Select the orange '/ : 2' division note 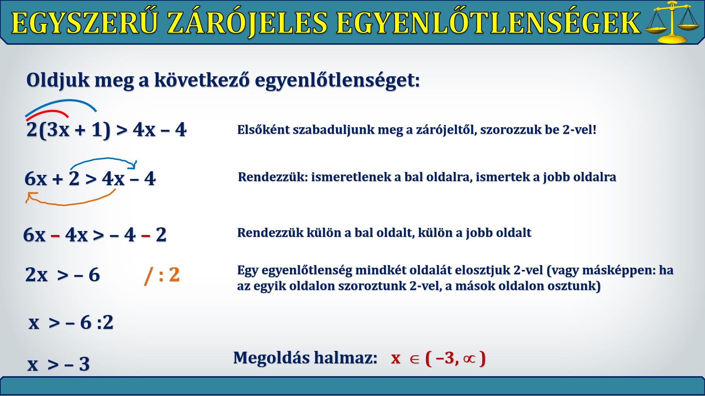[x=162, y=275]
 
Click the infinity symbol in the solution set [x=469, y=358]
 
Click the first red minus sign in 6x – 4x [x=55, y=235]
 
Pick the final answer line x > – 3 [x=59, y=364]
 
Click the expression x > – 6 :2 [x=71, y=323]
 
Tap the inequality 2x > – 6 [x=62, y=275]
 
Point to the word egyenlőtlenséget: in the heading [x=337, y=80]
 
